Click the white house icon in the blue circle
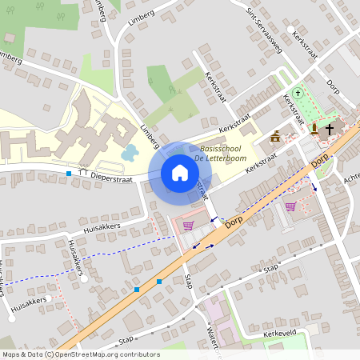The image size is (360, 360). click(x=180, y=172)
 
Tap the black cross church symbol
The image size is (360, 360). click(x=329, y=128)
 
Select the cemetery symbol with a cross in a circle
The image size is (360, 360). click(x=299, y=92)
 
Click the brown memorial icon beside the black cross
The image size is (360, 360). click(x=314, y=128)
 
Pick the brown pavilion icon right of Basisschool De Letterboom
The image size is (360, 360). click(x=275, y=136)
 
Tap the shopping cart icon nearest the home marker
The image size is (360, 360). click(x=188, y=226)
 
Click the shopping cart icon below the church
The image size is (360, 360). click(x=290, y=206)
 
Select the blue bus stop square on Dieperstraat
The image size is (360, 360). click(x=70, y=173)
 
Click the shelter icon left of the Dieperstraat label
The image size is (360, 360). click(x=82, y=172)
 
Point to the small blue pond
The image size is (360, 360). click(x=129, y=152)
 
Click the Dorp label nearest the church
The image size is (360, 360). click(x=319, y=163)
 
